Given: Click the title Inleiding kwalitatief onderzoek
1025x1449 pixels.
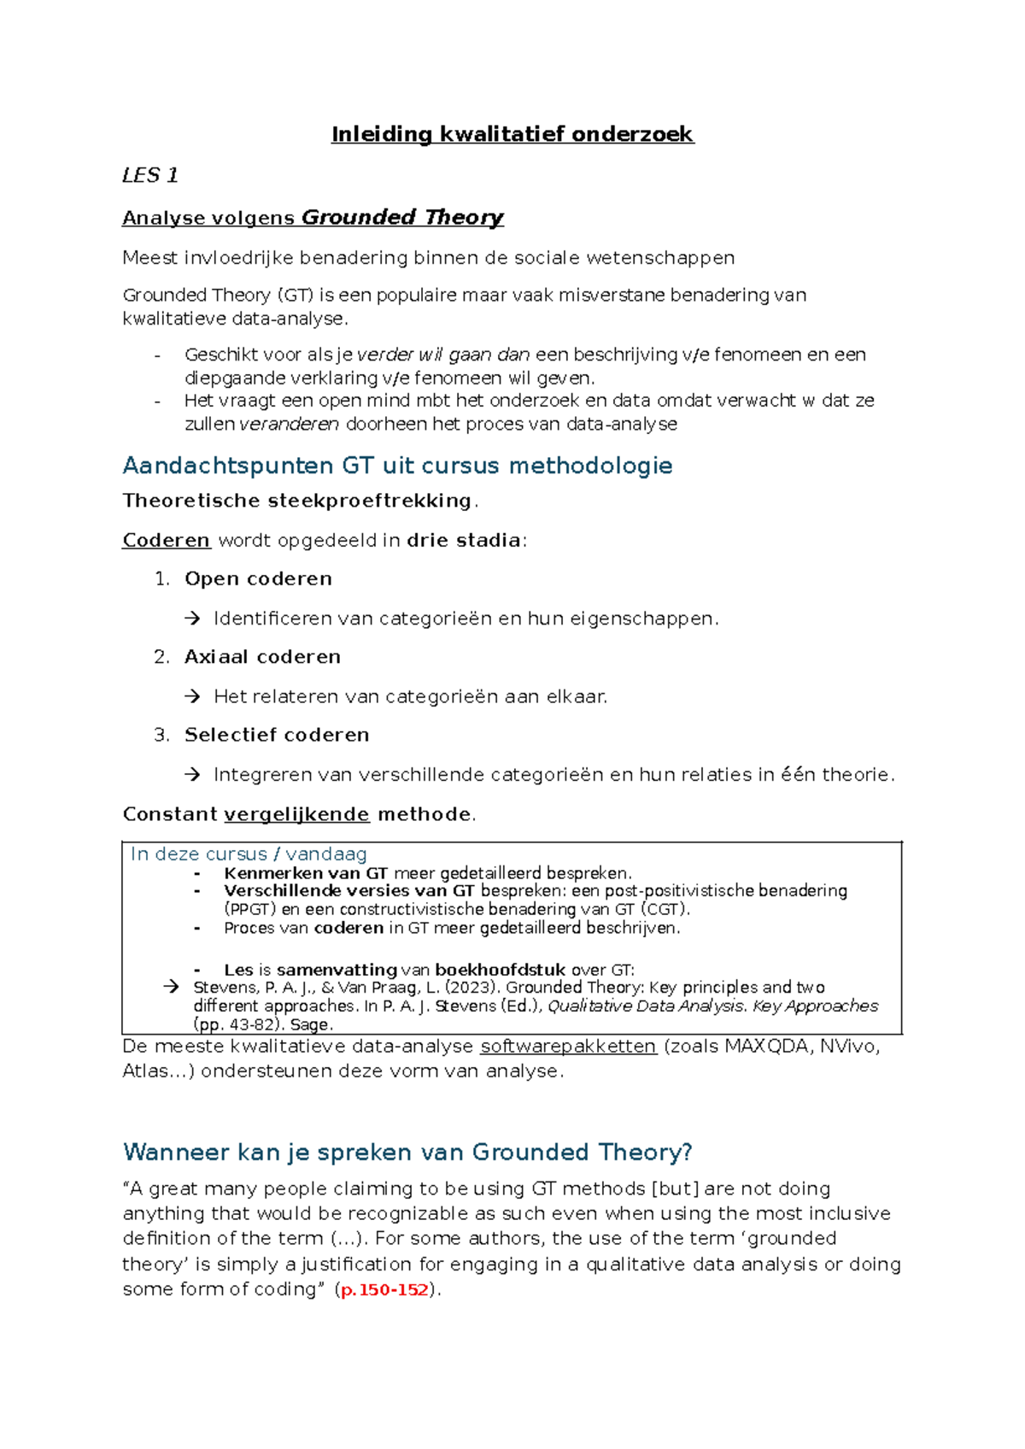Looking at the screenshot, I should pos(512,134).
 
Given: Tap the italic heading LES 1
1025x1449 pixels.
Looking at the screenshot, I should pos(149,175).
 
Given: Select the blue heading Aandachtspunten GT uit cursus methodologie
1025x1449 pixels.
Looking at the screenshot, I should pos(397,466).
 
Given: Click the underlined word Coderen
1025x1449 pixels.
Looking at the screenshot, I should pos(166,540).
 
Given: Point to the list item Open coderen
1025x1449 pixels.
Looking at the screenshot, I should pos(258,578).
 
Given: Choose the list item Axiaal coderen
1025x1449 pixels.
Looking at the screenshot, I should pos(262,656).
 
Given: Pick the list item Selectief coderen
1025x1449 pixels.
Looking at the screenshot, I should pos(277,735).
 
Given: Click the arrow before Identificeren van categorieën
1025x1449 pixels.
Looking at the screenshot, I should pos(192,619).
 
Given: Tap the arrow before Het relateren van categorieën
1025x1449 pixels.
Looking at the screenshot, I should pos(192,696).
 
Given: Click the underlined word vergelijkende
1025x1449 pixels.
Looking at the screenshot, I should pos(296,814).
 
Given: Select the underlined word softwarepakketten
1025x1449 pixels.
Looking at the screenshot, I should pos(568,1047).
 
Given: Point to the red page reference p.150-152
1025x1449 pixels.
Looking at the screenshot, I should pos(384,1290).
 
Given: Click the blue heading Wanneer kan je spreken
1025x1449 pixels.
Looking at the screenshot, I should pos(407,1153).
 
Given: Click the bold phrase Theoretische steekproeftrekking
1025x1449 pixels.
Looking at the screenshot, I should pos(296,501).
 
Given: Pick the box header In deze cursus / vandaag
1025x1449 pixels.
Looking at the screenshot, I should pos(249,854).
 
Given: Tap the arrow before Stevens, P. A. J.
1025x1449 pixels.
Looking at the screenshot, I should pos(172,987).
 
